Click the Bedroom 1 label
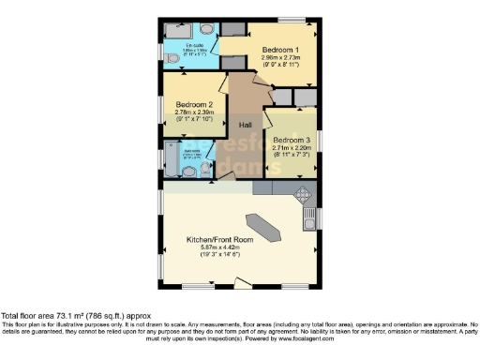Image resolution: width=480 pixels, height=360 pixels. pos(280,49)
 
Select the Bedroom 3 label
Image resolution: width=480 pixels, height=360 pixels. pos(290,140)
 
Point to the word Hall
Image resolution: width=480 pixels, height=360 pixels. pos(246,125)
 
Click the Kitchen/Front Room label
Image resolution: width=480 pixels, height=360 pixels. pos(220,240)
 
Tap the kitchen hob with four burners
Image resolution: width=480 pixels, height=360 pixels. pos(303,197)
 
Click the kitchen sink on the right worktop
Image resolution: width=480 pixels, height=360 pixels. pos(308,222)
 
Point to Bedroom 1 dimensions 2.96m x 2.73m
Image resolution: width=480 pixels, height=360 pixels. pos(280,57)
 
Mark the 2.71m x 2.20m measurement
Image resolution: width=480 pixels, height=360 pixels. pos(290,148)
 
